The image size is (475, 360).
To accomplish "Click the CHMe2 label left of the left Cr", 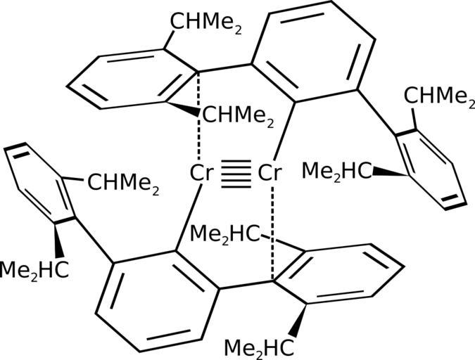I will (x=124, y=186).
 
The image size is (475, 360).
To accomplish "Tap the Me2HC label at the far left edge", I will (x=34, y=270).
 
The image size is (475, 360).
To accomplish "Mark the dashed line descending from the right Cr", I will (x=272, y=232).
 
